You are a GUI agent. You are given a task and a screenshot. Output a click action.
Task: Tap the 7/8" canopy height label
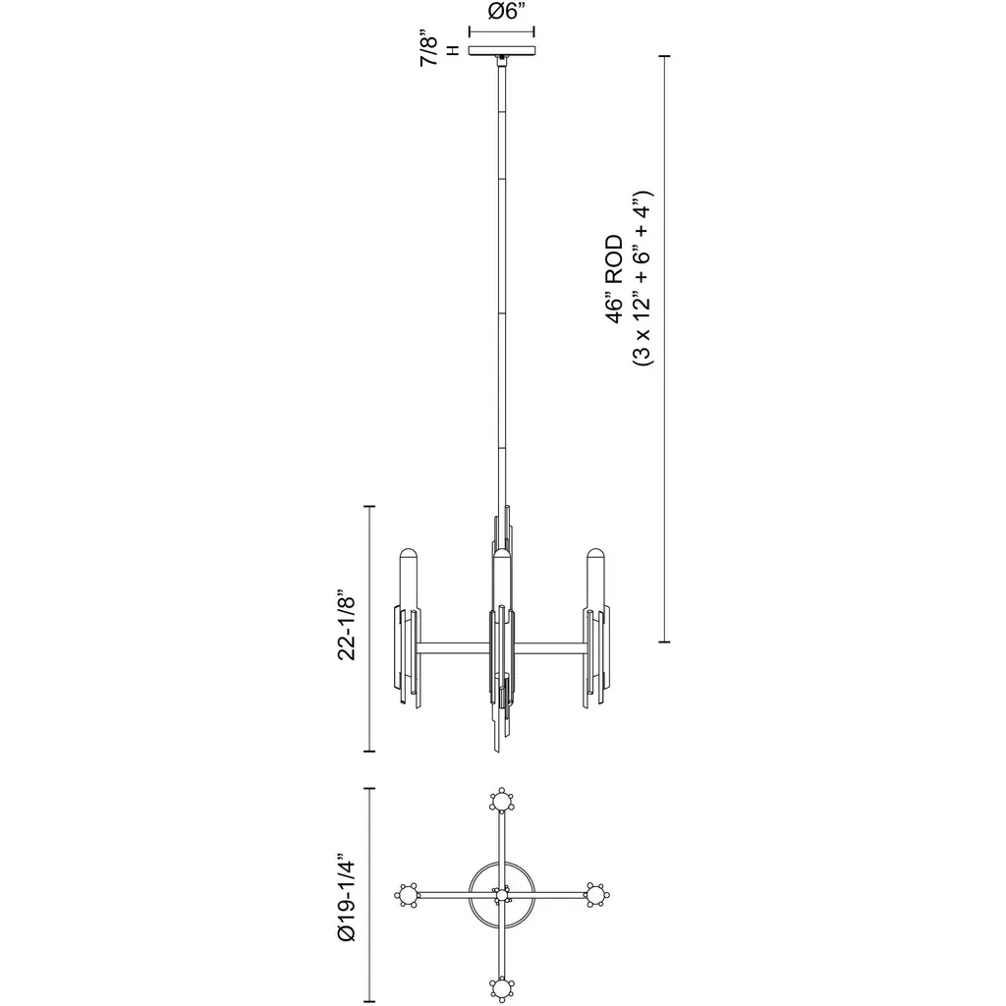pyautogui.click(x=428, y=47)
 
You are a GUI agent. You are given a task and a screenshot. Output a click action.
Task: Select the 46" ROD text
pyautogui.click(x=614, y=279)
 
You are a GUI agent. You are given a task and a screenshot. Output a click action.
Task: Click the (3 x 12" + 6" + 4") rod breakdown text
pyautogui.click(x=643, y=278)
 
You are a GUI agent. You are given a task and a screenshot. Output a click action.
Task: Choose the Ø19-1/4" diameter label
pyautogui.click(x=347, y=898)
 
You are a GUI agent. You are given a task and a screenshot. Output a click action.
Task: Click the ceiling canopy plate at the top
pyautogui.click(x=502, y=50)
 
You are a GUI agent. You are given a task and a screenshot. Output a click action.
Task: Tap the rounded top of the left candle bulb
pyautogui.click(x=409, y=554)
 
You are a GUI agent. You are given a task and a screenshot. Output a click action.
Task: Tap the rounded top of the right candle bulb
pyautogui.click(x=595, y=554)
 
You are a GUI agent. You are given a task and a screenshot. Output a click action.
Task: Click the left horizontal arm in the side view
pyautogui.click(x=453, y=648)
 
